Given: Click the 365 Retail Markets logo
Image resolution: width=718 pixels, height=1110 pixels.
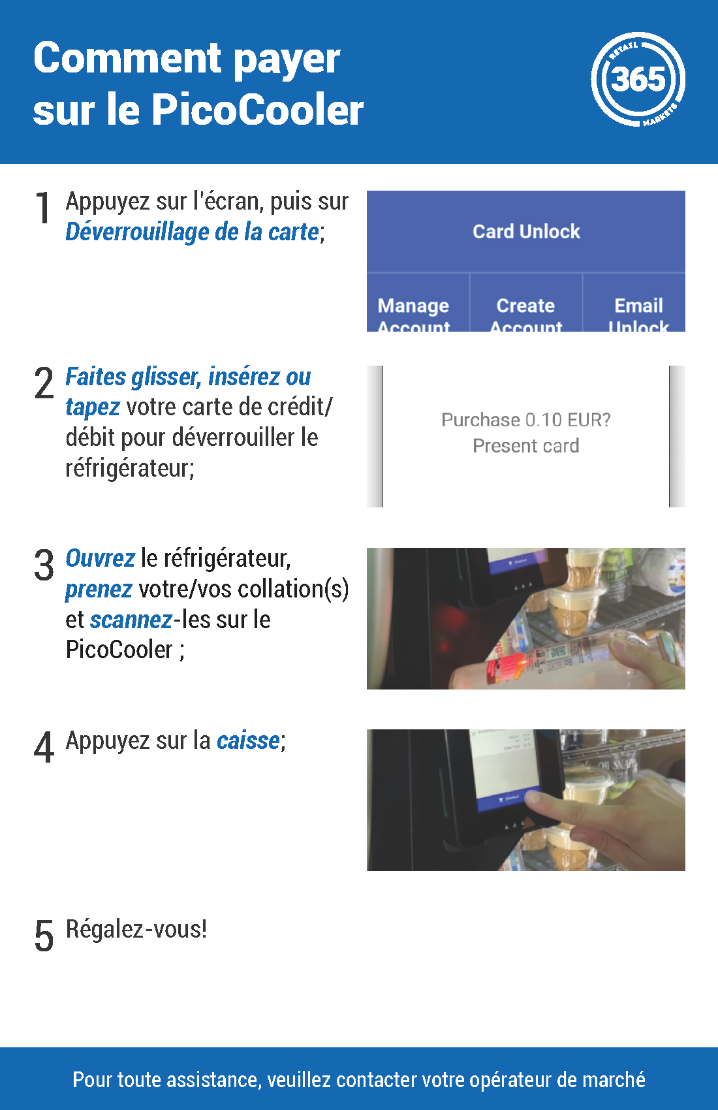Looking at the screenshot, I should point(638,79).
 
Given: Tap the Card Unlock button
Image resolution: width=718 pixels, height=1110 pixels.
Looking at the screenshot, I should point(526,232).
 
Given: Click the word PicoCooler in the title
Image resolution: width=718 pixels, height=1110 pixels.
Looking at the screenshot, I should point(257,109).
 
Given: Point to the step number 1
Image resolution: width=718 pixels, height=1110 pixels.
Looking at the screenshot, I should point(43,208).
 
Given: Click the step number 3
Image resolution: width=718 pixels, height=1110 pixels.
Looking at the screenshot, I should point(44,565).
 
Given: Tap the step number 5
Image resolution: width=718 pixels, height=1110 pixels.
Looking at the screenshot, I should point(44,936).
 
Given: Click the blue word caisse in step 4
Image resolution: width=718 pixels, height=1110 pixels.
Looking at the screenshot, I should point(248,740).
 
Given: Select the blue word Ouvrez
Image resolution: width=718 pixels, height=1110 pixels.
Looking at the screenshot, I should point(100,558).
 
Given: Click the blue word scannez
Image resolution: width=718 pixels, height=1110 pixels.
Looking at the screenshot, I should point(131,620).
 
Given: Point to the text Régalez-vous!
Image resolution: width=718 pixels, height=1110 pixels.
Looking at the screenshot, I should point(136,929).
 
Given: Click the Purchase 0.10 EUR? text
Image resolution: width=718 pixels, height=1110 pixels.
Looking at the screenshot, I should point(525,420).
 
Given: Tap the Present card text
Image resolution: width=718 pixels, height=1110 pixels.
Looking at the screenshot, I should point(525,446).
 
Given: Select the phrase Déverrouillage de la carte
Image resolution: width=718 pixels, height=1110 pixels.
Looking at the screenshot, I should point(192,232).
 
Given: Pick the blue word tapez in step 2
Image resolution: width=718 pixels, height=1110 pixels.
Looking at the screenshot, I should point(92,407).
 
